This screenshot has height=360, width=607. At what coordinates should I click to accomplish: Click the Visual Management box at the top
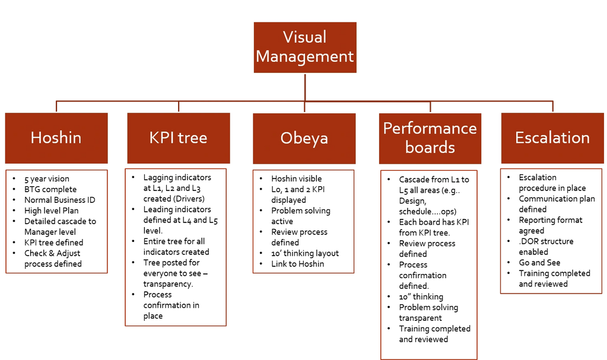[305, 47]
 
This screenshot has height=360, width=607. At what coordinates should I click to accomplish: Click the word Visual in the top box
[304, 37]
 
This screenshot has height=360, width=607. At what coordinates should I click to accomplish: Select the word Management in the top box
[305, 57]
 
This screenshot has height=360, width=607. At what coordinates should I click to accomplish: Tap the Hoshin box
[56, 138]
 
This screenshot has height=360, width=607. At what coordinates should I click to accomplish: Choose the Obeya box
[304, 138]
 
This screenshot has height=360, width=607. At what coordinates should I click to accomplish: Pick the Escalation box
[552, 138]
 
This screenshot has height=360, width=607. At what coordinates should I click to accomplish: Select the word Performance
[430, 129]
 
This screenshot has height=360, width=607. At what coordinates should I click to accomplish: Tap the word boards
[430, 147]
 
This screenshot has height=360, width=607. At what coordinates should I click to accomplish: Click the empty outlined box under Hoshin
[56, 222]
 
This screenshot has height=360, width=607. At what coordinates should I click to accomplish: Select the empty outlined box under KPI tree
[176, 247]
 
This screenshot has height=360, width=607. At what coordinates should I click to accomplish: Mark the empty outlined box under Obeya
[304, 222]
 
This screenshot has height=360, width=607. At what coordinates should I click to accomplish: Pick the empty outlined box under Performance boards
[428, 265]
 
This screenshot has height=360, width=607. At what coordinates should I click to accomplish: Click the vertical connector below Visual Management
[305, 87]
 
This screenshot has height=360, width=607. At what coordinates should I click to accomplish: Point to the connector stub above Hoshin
[56, 106]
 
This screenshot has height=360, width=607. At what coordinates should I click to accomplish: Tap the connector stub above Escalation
[553, 106]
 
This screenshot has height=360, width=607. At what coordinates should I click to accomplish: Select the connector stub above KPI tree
[179, 106]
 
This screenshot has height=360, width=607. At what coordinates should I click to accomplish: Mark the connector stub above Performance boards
[430, 106]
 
